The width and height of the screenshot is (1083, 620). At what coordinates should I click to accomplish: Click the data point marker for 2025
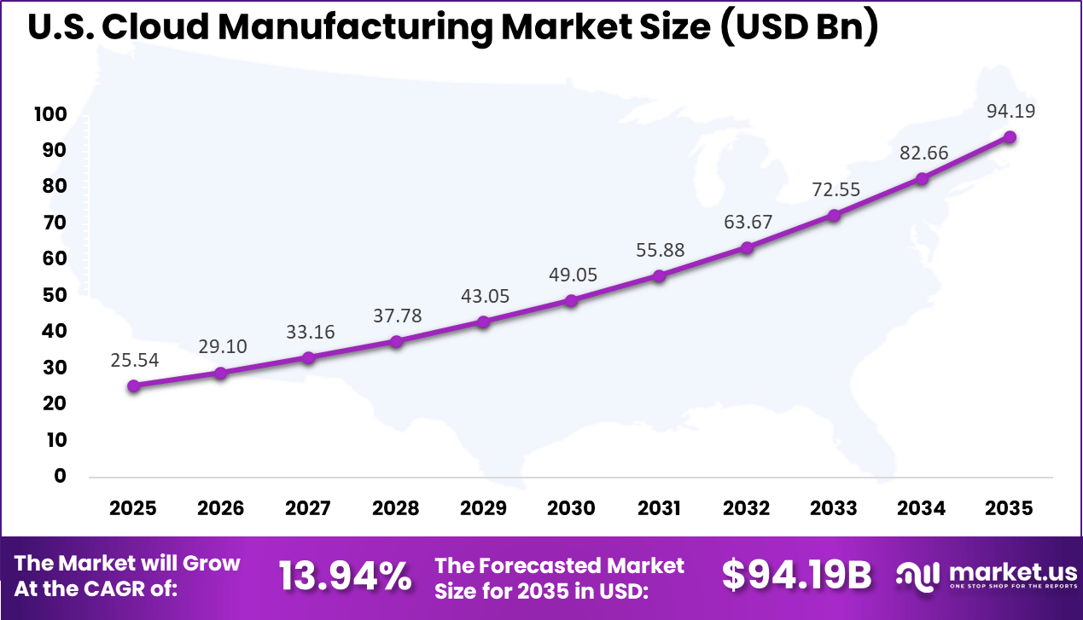click(x=133, y=385)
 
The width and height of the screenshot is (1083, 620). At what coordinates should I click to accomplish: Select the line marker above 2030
click(x=572, y=300)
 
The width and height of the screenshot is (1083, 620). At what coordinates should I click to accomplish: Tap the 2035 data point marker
click(x=1010, y=136)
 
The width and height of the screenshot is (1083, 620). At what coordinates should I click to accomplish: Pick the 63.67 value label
click(x=748, y=222)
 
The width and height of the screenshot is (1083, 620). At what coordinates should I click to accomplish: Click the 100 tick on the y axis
click(x=51, y=114)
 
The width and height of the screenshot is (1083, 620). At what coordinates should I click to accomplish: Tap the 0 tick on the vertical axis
click(x=60, y=476)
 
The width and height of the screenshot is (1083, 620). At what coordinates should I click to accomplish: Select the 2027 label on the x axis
click(x=308, y=508)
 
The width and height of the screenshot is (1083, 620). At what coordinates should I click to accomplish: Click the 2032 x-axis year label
click(x=747, y=508)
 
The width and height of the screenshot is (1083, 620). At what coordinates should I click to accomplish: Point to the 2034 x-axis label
click(x=922, y=508)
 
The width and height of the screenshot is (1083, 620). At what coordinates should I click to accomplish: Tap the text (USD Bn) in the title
click(x=795, y=28)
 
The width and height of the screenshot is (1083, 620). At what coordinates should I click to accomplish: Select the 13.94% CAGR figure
click(x=345, y=577)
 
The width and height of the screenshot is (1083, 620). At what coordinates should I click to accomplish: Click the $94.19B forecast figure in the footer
click(x=797, y=577)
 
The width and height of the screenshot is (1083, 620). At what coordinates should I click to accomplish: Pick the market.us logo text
click(x=1012, y=570)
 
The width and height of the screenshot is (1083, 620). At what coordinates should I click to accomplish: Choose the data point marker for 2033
click(x=835, y=215)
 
